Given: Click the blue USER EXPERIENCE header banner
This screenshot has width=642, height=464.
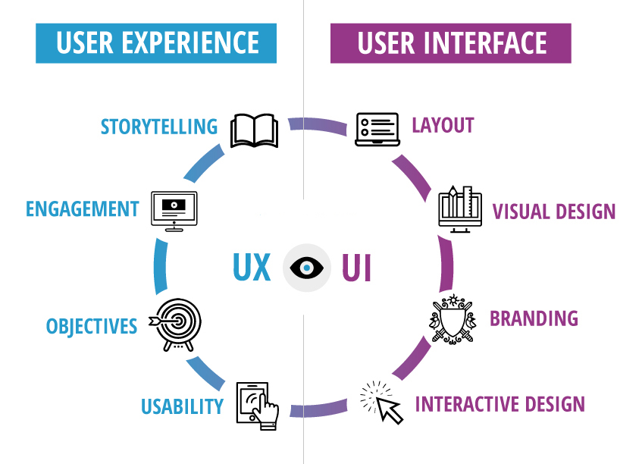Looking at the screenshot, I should point(156,42).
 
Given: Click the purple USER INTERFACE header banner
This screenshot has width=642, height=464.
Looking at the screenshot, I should point(451,42).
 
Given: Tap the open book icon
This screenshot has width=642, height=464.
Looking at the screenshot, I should point(255,130).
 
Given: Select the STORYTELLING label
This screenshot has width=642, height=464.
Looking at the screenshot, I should point(159,126).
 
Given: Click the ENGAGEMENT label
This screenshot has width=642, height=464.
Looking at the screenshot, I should point(83,208).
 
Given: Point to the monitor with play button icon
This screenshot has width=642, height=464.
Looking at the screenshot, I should point(174,210).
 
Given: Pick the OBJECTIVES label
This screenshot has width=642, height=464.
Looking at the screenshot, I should point(92,327).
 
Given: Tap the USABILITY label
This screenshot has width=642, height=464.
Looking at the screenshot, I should point(182,406).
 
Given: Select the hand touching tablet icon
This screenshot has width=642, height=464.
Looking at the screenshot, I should point(258,406).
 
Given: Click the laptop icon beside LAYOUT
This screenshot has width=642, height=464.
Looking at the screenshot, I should point(377,129).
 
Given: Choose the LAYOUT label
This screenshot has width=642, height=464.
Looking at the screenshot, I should point(443,125).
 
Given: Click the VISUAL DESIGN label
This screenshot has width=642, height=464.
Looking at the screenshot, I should point(554,211).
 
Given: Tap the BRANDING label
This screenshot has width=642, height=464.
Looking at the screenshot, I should point(534,318).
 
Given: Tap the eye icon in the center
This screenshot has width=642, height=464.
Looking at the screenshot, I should point(306,268).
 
